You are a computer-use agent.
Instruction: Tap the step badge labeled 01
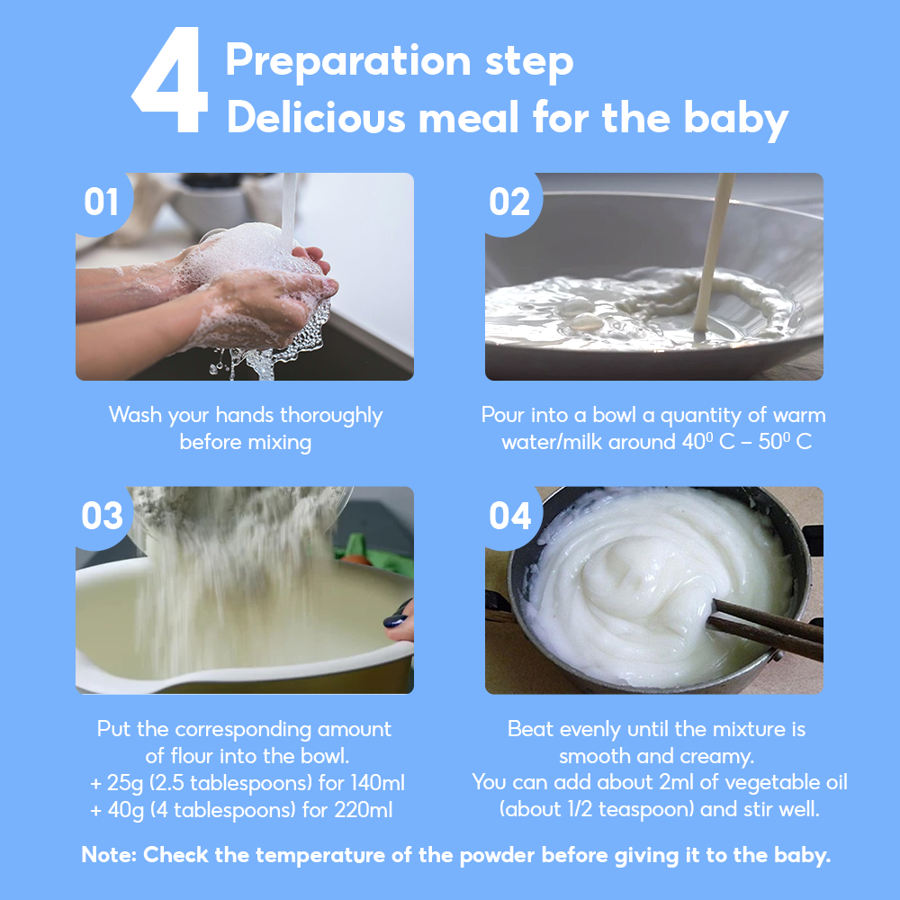pyautogui.click(x=102, y=202)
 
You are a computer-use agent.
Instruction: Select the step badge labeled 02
pyautogui.click(x=509, y=202)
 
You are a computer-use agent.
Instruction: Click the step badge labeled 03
pyautogui.click(x=103, y=517)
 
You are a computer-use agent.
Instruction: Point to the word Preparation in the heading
pyautogui.click(x=347, y=61)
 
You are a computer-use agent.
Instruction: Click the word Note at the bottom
pyautogui.click(x=107, y=855)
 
